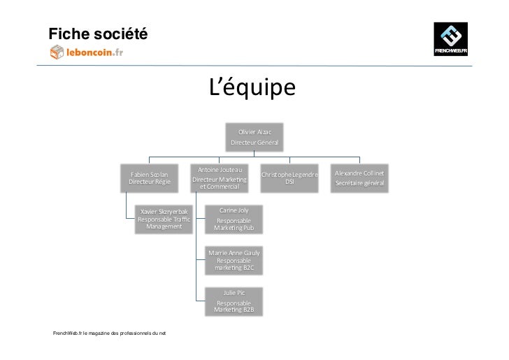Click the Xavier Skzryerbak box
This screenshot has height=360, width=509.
(164, 219)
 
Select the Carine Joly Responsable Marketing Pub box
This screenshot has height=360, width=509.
(234, 219)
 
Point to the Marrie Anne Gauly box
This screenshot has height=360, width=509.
(234, 261)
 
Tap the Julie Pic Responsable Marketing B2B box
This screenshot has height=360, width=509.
(234, 302)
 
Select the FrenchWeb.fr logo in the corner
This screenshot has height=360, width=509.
(452, 39)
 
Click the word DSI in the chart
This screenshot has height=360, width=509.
(289, 182)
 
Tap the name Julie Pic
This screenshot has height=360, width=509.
(234, 293)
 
